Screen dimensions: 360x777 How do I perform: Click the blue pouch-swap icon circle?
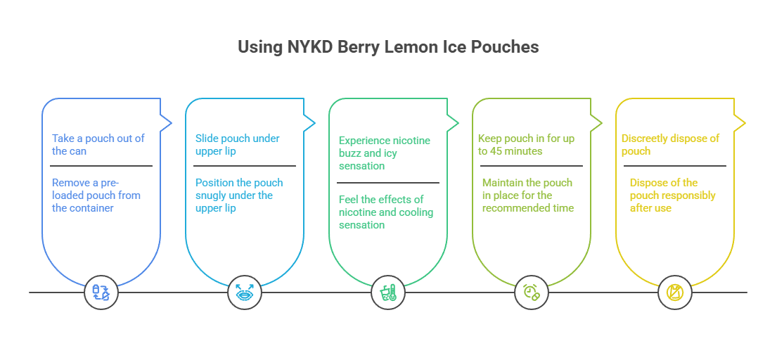click(101, 292)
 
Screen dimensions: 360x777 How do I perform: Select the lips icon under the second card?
click(245, 292)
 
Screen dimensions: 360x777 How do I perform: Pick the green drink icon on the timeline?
click(388, 292)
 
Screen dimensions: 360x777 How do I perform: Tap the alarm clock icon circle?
click(532, 292)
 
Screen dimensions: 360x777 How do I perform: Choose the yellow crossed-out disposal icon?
click(675, 292)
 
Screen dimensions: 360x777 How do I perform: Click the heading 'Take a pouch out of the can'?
click(98, 144)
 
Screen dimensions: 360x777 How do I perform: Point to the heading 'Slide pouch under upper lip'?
click(237, 144)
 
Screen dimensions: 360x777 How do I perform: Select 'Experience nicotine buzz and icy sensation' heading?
click(384, 153)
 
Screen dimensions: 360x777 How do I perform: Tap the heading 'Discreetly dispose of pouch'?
click(670, 144)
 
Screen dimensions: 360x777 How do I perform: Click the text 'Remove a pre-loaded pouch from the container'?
click(96, 195)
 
